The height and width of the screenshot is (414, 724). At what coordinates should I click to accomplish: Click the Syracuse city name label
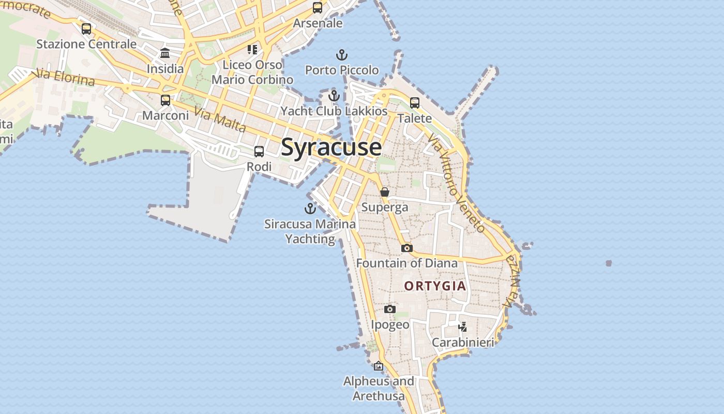tap(331, 147)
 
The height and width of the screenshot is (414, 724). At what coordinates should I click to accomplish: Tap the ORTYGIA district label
tap(435, 286)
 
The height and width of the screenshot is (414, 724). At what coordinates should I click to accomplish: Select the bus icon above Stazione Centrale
tap(86, 29)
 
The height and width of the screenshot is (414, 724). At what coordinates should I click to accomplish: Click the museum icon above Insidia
tap(165, 53)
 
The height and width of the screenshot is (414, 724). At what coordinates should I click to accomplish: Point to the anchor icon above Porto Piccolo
tap(341, 54)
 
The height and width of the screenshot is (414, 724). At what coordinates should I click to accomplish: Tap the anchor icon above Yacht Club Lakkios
tap(334, 96)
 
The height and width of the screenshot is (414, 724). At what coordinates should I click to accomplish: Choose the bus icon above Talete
tap(415, 103)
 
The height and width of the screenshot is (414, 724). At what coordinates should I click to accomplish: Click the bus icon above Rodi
tap(259, 152)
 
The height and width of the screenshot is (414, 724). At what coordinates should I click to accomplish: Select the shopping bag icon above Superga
tap(385, 192)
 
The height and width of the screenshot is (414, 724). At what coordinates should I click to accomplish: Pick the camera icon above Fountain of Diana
tap(407, 248)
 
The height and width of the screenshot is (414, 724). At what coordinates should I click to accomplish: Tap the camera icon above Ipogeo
tap(390, 309)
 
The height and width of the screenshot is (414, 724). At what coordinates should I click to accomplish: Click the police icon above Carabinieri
tap(463, 327)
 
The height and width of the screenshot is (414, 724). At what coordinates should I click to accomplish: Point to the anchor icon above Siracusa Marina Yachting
tap(310, 209)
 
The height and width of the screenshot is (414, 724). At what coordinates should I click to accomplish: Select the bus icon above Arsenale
tap(318, 8)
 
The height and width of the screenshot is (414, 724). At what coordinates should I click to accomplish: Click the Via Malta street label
tap(220, 119)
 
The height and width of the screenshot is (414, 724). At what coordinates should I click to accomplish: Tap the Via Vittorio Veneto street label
tap(457, 183)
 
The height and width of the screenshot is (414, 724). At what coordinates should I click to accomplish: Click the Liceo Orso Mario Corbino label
tap(252, 72)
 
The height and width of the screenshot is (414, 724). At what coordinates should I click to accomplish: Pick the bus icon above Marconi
tap(165, 100)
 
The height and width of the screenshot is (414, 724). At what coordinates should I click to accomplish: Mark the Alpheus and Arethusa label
tap(379, 389)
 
